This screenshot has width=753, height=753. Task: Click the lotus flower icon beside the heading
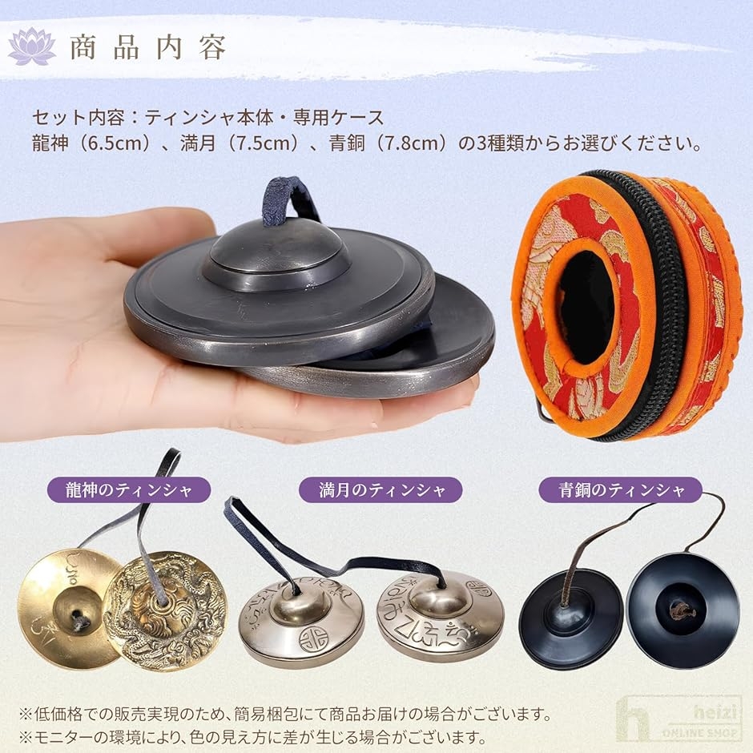[31, 46]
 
